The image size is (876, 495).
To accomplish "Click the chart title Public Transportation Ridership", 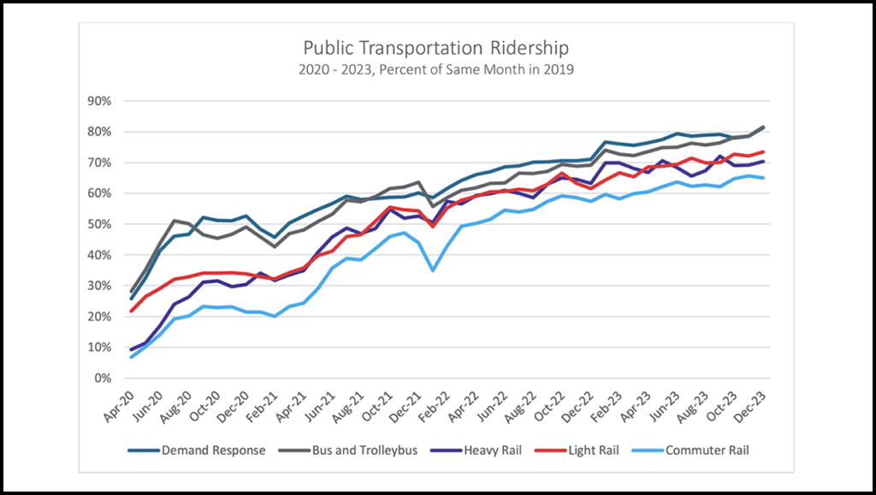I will [436, 47].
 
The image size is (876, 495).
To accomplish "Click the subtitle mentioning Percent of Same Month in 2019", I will [436, 69].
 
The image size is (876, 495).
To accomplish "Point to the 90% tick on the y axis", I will [100, 101].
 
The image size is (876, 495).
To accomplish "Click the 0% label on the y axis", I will [104, 378].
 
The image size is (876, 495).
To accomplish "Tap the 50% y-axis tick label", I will [100, 224].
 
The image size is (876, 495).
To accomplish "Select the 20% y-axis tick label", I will [100, 316].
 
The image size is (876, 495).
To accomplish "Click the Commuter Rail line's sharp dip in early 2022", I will [434, 271].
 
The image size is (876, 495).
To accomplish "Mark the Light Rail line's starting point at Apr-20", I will [132, 310].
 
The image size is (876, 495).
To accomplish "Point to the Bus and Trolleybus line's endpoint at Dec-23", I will [763, 127].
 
